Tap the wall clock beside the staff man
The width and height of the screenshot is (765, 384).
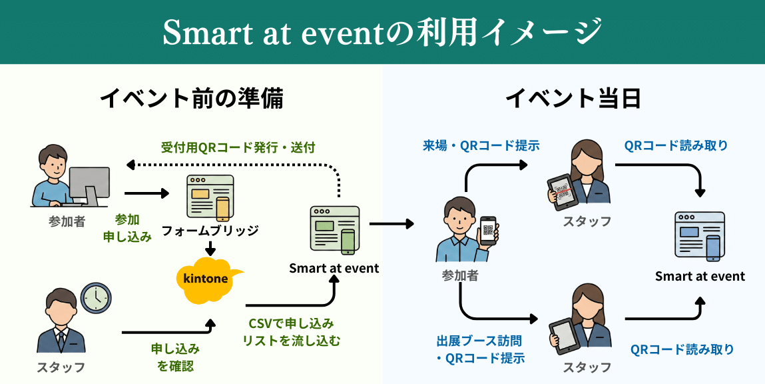click(x=96, y=297)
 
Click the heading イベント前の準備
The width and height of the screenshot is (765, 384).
click(x=192, y=99)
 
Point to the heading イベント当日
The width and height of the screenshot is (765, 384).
click(x=573, y=99)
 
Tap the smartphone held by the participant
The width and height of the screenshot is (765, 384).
click(x=489, y=231)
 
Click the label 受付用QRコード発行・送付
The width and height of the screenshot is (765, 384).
click(x=238, y=147)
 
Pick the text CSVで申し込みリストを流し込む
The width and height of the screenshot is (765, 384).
click(x=291, y=332)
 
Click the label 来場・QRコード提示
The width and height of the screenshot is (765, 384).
click(x=481, y=145)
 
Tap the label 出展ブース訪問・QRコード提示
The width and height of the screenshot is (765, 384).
click(x=480, y=349)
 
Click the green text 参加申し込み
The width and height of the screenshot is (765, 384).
click(x=127, y=228)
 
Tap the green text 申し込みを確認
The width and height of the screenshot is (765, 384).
click(x=176, y=357)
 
